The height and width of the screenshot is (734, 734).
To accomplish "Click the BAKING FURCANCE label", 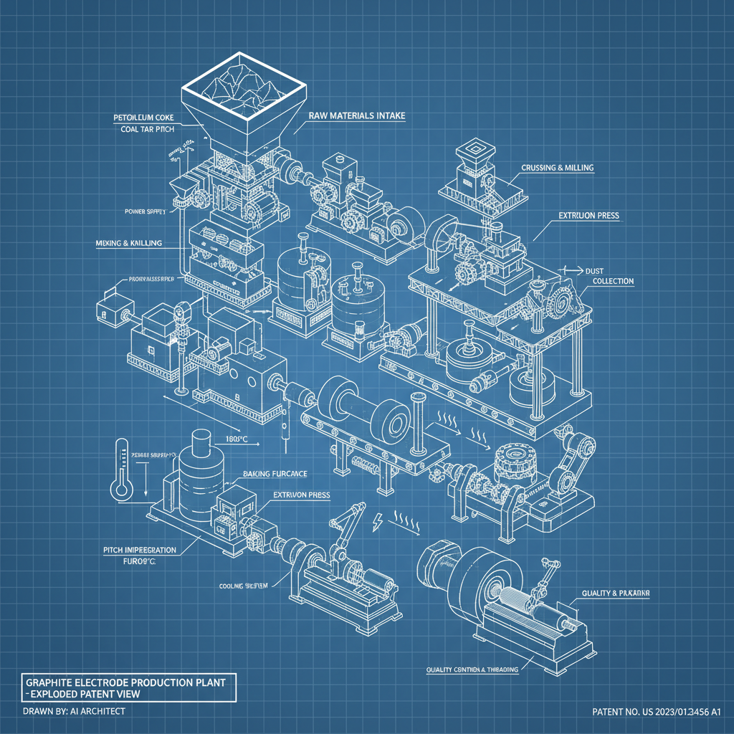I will pyautogui.click(x=275, y=474).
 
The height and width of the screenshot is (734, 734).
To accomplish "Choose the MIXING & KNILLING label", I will pyautogui.click(x=128, y=243).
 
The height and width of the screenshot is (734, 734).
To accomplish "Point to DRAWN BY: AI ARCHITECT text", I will pyautogui.click(x=74, y=711).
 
